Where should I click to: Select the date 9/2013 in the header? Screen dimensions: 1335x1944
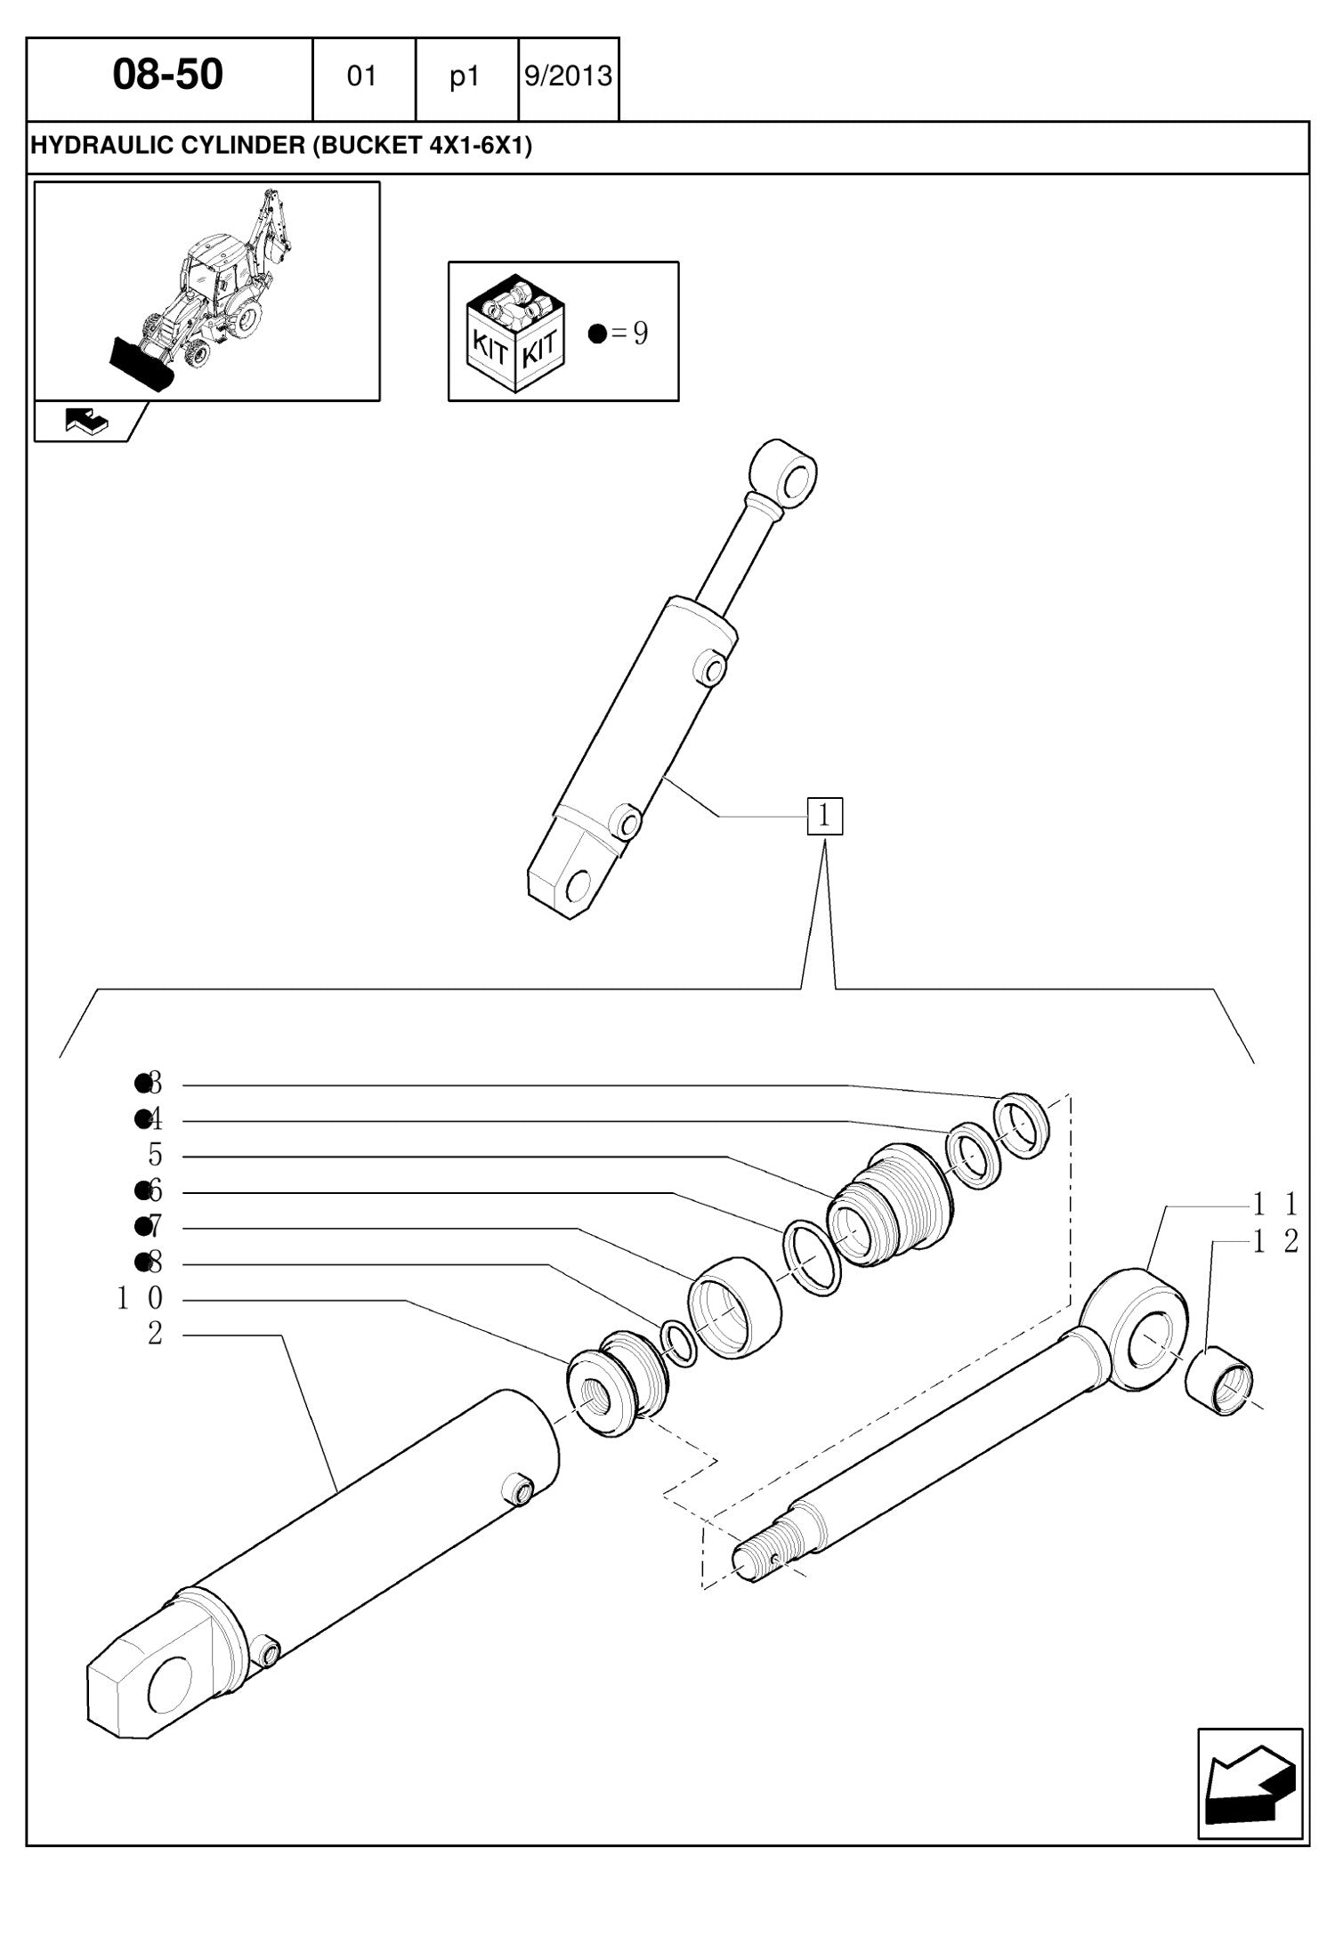coord(569,77)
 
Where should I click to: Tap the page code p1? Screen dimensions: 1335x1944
coord(465,78)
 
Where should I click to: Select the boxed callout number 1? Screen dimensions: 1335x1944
coord(824,816)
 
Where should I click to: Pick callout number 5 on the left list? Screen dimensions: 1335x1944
coord(156,1155)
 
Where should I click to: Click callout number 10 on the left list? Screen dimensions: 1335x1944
coord(141,1299)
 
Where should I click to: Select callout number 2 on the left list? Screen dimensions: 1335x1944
coord(156,1334)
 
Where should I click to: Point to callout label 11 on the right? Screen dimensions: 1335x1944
coord(1276,1206)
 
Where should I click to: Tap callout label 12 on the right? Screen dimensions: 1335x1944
coord(1276,1241)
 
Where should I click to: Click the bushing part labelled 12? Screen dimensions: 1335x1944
coord(1221,1383)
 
